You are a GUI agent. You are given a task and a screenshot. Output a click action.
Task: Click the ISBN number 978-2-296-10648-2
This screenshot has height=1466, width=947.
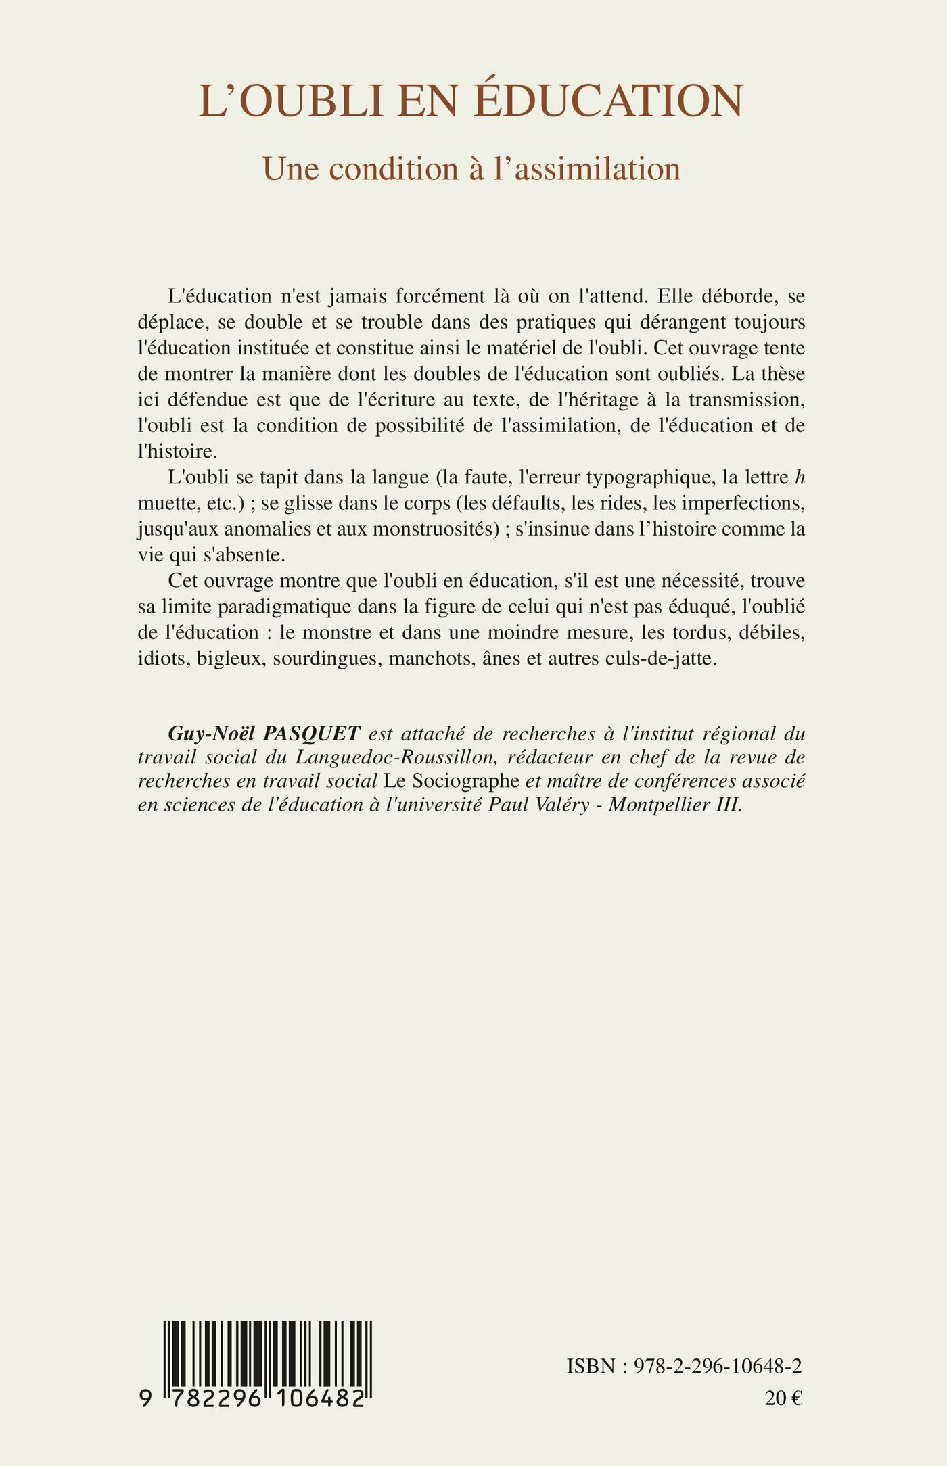tap(717, 1367)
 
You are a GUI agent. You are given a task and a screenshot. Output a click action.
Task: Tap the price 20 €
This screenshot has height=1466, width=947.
tap(783, 1398)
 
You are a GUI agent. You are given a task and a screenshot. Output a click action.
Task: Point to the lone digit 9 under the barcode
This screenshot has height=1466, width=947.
tap(145, 1398)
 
